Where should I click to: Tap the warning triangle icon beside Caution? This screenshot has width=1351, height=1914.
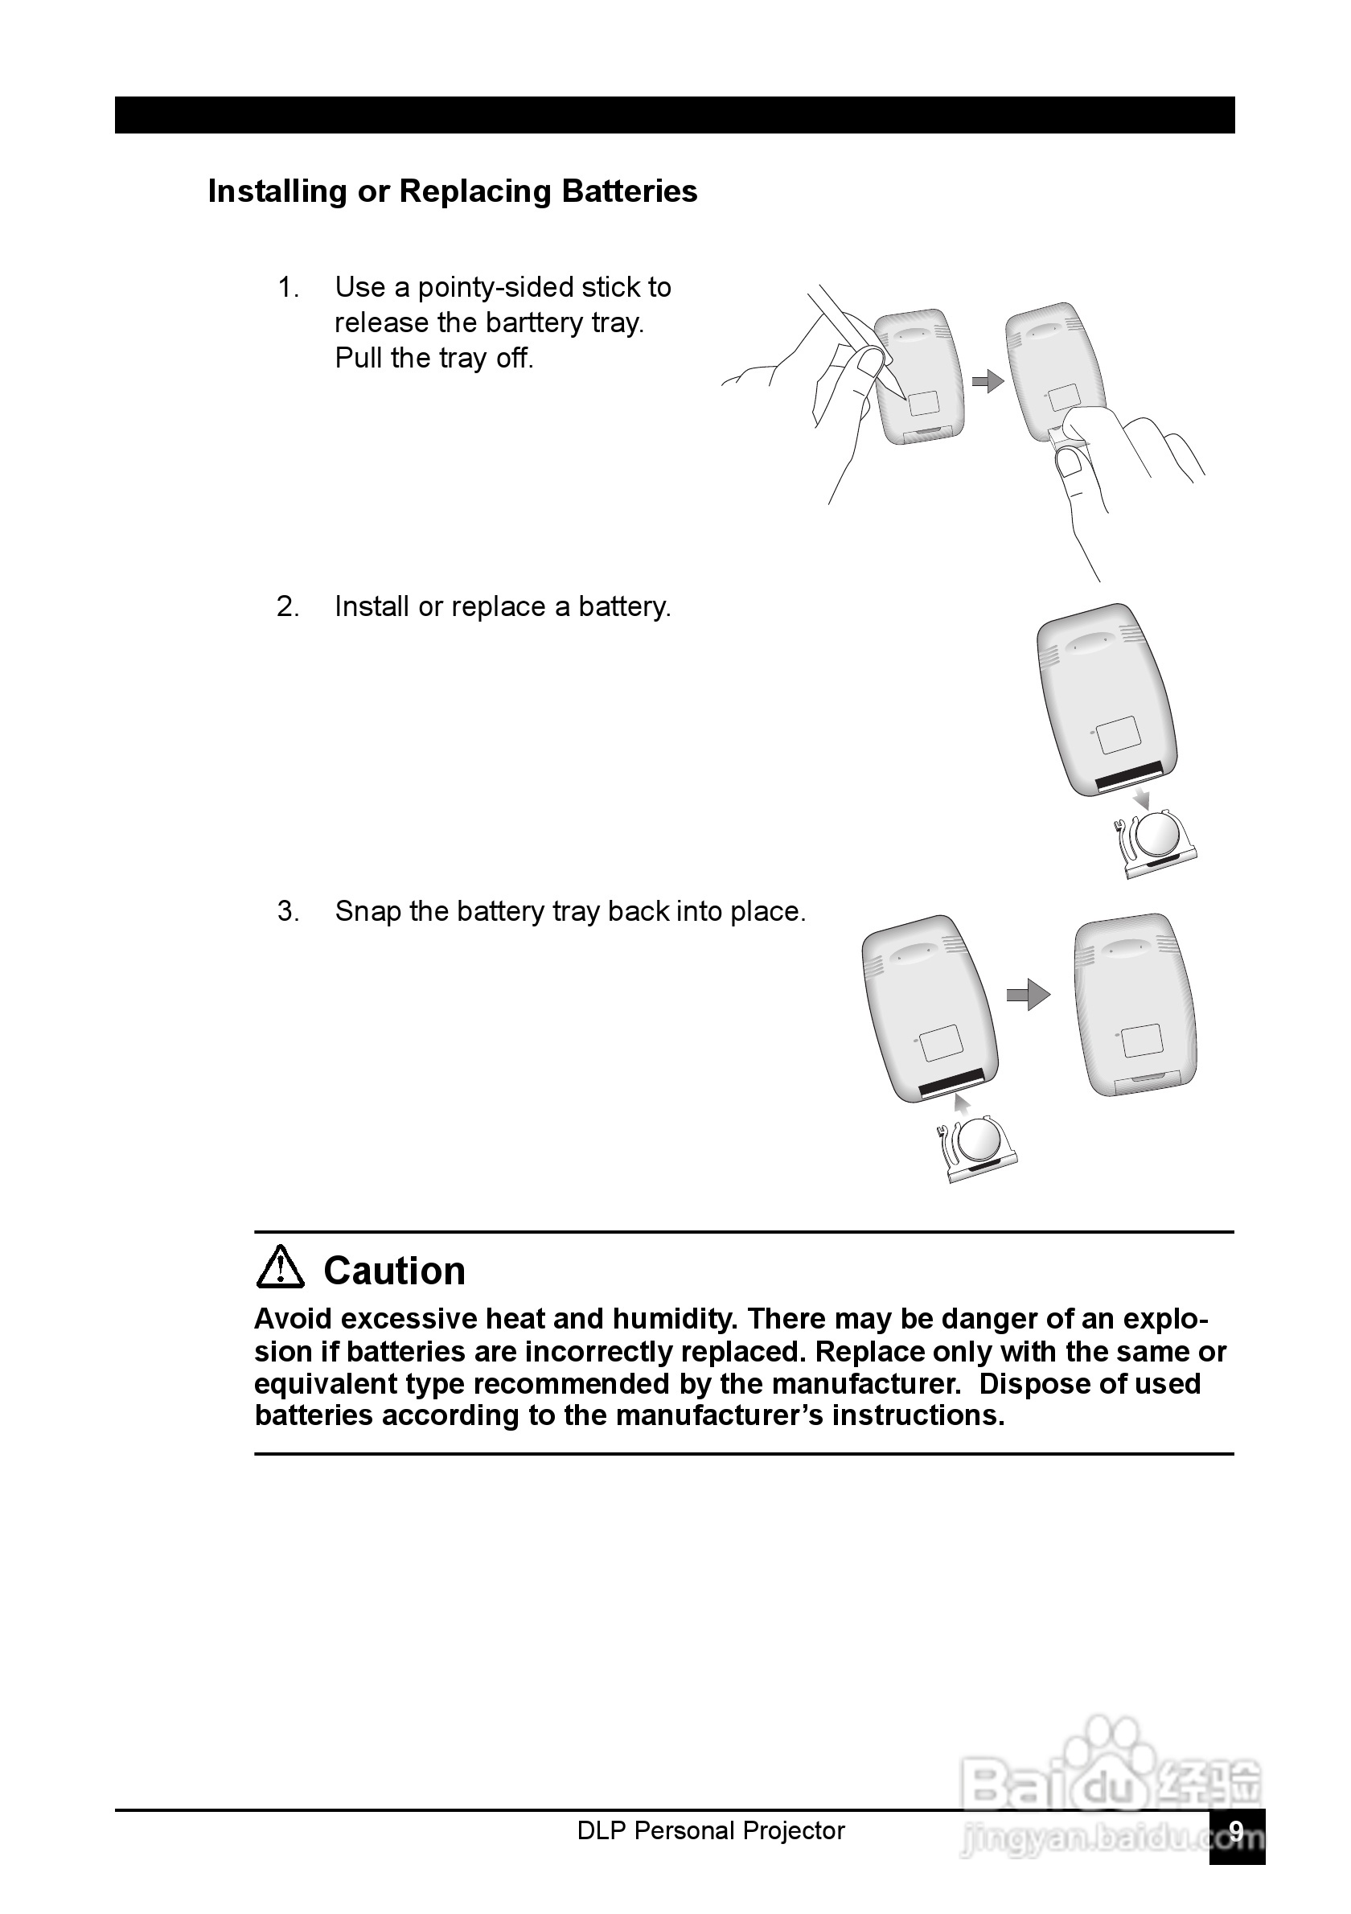point(280,1269)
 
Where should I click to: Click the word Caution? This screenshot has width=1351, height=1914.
point(394,1271)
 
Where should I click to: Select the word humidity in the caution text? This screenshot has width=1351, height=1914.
point(674,1319)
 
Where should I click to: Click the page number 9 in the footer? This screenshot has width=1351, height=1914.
point(1237,1830)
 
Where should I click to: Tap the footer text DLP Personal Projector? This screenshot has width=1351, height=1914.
point(711,1830)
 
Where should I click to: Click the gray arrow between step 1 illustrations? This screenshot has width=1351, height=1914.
point(988,382)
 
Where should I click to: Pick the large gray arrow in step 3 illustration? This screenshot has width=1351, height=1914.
point(1029,995)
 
